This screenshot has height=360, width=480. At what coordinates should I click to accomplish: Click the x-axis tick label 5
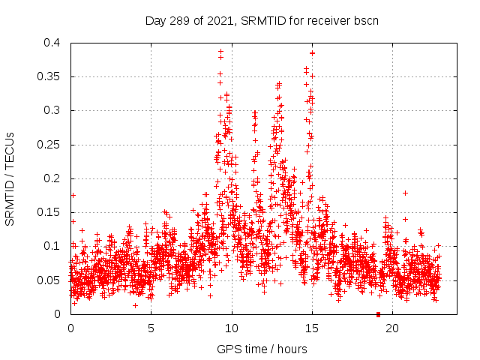[x=151, y=328]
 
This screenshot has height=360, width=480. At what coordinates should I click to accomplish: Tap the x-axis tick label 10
[x=232, y=328]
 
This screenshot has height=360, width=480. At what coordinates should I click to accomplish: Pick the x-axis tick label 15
[x=312, y=328]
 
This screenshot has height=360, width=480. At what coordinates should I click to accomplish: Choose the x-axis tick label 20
[x=392, y=328]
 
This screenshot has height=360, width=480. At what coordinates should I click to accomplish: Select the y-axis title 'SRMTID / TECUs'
[x=10, y=178]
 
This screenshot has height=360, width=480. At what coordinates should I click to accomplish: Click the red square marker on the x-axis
[x=378, y=314]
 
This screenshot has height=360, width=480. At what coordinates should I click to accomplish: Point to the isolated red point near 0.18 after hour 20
[x=405, y=193]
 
